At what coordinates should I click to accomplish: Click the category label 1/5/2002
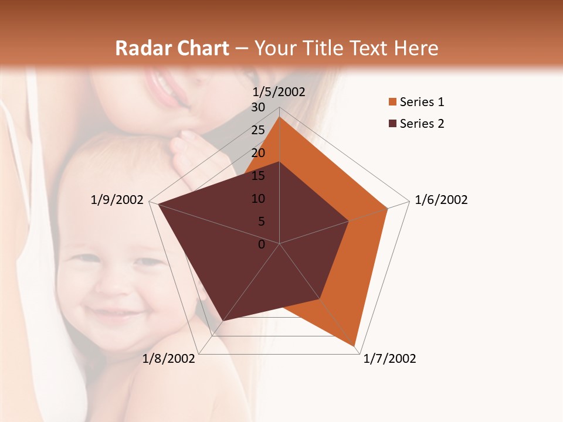click(x=279, y=91)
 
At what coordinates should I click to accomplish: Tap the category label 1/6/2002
click(x=441, y=200)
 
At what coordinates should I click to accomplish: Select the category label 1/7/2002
click(x=389, y=359)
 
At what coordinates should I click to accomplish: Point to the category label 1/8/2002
click(x=169, y=359)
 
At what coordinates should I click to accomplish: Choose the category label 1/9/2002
click(x=117, y=200)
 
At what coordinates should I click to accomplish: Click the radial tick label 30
click(x=258, y=107)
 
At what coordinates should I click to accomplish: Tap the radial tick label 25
click(x=258, y=130)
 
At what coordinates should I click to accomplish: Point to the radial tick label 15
click(x=258, y=176)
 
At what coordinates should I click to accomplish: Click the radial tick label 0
click(x=262, y=244)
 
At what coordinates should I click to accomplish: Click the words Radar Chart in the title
click(x=172, y=48)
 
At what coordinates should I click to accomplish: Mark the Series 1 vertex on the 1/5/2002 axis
click(x=280, y=117)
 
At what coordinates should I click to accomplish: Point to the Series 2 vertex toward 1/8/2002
click(x=222, y=321)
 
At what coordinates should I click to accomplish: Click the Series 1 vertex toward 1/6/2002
click(x=388, y=208)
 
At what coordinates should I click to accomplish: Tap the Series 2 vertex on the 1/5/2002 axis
click(x=280, y=162)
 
